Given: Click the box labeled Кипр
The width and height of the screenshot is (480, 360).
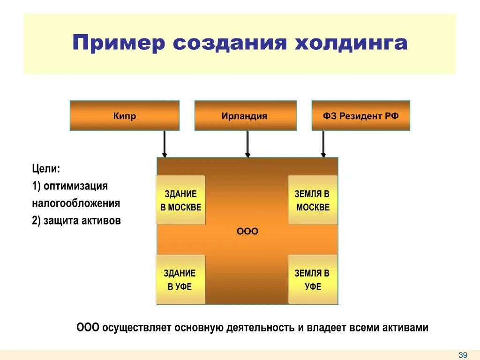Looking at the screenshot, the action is [124, 116].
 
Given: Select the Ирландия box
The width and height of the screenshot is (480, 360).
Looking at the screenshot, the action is [245, 116].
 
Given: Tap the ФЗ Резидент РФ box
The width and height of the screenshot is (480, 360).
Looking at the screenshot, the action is [360, 116].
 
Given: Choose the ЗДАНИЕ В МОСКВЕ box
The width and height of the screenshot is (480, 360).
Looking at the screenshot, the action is [180, 200].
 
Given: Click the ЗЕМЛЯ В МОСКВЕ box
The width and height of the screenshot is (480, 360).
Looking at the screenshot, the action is [313, 200].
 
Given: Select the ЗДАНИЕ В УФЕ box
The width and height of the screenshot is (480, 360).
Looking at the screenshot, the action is [180, 279].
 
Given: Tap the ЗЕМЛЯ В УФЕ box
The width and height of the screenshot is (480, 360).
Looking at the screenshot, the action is [313, 279].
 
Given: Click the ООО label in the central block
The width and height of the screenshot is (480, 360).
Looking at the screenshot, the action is [247, 232].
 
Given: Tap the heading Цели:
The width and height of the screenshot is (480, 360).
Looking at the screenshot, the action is [46, 168].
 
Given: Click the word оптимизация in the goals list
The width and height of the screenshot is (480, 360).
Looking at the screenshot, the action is [75, 186].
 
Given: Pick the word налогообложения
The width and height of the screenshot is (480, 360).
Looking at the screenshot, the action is [76, 203].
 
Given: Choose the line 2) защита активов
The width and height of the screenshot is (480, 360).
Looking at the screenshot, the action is [76, 221].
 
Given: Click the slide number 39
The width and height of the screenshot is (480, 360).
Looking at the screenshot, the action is [463, 355].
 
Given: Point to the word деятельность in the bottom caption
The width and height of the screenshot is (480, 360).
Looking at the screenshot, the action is [260, 328].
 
